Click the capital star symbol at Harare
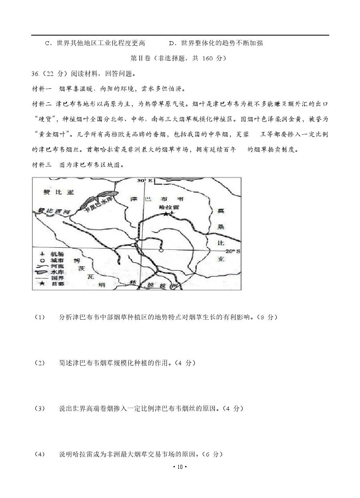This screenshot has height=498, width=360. (166, 215)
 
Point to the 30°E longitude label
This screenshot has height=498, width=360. (144, 180)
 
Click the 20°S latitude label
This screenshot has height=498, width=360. (232, 251)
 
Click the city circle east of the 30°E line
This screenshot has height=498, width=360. (161, 251)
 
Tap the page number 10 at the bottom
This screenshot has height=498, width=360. (180, 467)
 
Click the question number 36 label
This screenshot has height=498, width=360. (36, 74)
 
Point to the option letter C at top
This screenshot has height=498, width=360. (47, 43)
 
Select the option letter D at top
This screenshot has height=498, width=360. (171, 43)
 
